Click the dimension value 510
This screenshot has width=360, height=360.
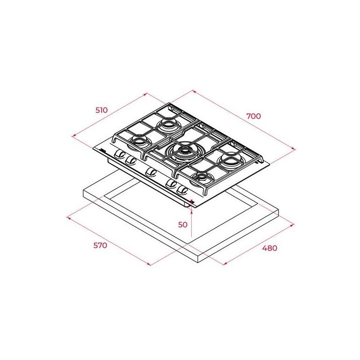[102, 110]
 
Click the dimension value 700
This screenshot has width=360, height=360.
[254, 116]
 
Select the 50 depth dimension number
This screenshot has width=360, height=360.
[183, 225]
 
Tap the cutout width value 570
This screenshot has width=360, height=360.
[100, 245]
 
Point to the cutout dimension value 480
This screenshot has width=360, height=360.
[270, 248]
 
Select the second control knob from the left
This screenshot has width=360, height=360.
[130, 160]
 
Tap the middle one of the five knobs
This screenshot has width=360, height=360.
[151, 172]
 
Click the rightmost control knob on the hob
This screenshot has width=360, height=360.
[183, 189]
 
